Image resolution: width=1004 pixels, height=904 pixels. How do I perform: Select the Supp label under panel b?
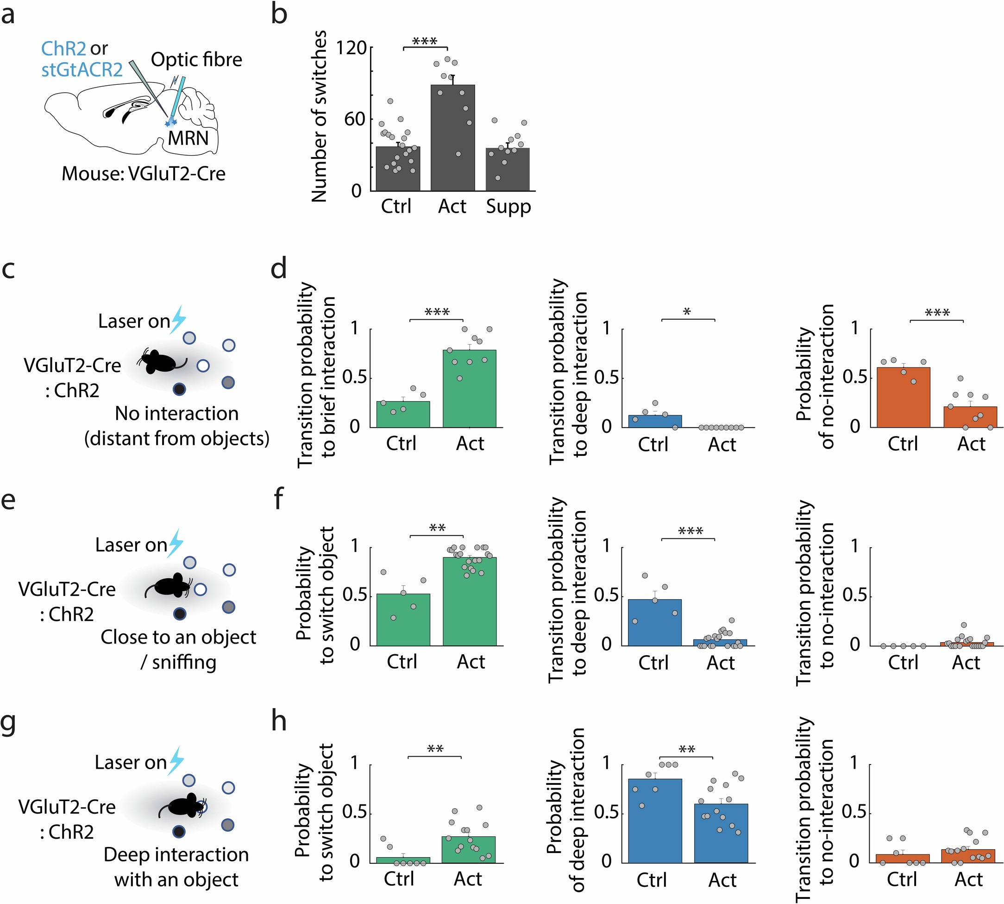click(x=508, y=207)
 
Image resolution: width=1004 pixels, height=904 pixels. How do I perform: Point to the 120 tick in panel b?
click(x=351, y=48)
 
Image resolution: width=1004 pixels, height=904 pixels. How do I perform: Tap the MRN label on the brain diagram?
click(x=188, y=138)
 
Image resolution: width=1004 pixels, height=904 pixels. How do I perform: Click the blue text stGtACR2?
click(x=82, y=70)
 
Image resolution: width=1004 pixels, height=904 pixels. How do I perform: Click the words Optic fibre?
click(x=197, y=60)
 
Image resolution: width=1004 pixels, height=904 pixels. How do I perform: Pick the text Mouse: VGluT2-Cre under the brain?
click(x=144, y=174)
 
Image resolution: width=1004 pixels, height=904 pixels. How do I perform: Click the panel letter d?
click(x=279, y=269)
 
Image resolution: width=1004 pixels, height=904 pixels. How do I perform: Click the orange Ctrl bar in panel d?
click(x=903, y=398)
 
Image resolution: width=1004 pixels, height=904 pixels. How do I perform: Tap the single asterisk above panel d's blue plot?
click(x=687, y=312)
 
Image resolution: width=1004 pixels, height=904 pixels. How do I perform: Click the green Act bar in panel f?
click(x=470, y=601)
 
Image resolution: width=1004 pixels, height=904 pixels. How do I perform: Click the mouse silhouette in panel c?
click(x=159, y=361)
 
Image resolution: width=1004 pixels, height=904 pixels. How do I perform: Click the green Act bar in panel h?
click(x=468, y=850)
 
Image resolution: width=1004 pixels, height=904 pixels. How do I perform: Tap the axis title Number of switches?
click(x=319, y=116)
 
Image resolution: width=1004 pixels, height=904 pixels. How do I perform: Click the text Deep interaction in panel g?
click(x=176, y=855)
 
